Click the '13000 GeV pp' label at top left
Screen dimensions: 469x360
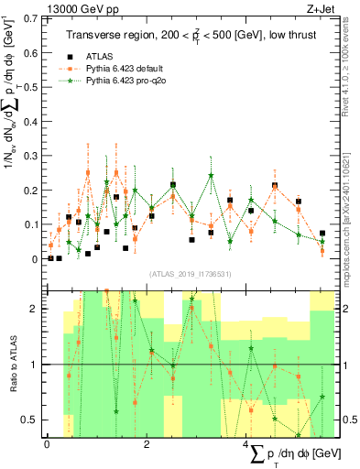tap(40, 8)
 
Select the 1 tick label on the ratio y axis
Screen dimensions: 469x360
tap(36, 365)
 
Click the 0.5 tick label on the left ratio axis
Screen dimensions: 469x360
tap(31, 420)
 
